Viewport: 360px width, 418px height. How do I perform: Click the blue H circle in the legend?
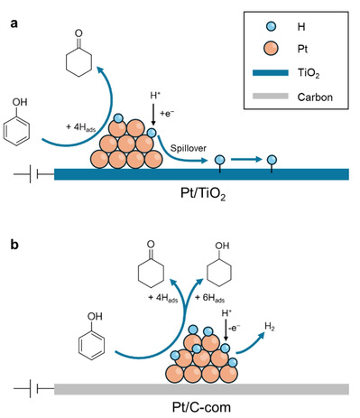(271, 26)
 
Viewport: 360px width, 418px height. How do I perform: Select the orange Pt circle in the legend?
(271, 49)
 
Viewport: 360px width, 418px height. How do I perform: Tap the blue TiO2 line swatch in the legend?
(271, 73)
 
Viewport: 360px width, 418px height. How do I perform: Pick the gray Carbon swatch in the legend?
(271, 97)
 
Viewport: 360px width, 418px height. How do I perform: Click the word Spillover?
(189, 148)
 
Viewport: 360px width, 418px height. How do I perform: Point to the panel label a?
(14, 23)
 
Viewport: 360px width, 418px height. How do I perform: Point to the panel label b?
(14, 245)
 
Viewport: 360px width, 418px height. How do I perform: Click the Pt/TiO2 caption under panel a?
(203, 194)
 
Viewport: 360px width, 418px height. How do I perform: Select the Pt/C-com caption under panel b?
(201, 407)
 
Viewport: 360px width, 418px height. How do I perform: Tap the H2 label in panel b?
(270, 327)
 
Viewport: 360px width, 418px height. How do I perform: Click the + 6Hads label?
(209, 298)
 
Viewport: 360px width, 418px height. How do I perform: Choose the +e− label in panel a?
(167, 114)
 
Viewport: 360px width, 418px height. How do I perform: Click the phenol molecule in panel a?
(17, 123)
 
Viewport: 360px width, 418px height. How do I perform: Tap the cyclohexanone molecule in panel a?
(78, 53)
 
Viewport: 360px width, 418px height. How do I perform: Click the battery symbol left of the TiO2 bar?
(33, 174)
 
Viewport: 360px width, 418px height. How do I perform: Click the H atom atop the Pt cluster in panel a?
(118, 118)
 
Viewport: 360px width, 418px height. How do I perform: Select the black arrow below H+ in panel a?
(153, 115)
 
